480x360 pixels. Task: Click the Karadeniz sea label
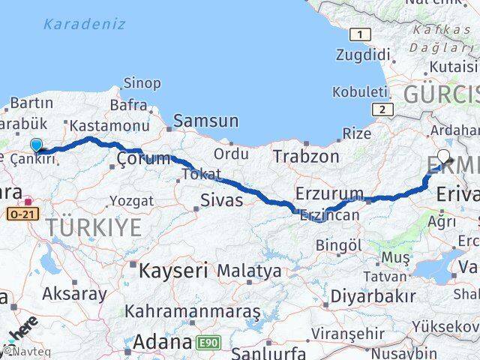pos(83,24)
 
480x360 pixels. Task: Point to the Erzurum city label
pos(329,193)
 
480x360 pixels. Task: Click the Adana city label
pos(163,343)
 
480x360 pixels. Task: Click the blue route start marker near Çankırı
pos(36,145)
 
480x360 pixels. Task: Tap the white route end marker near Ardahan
pos(444,157)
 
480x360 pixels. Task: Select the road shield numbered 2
pos(384,109)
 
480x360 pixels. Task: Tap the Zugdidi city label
pos(365,55)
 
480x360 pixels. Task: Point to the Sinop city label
pos(142,82)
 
